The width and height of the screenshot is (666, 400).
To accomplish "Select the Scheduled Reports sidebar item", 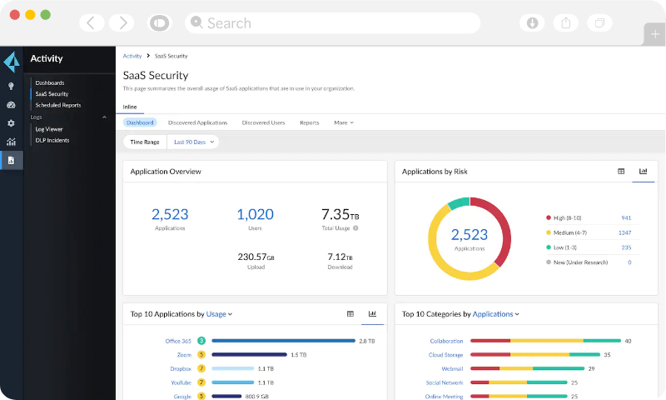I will pyautogui.click(x=58, y=105).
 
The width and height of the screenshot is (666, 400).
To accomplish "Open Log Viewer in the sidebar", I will pyautogui.click(x=48, y=129).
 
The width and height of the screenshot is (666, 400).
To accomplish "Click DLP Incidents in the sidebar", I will pyautogui.click(x=52, y=140).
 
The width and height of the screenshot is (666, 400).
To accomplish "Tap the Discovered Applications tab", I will pyautogui.click(x=197, y=122).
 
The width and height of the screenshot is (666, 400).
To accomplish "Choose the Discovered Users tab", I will pyautogui.click(x=263, y=122).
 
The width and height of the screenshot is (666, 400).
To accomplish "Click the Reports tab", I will pyautogui.click(x=309, y=122).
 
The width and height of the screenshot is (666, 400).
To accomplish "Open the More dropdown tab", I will pyautogui.click(x=343, y=122).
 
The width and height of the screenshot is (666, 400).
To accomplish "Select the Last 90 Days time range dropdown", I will pyautogui.click(x=194, y=142).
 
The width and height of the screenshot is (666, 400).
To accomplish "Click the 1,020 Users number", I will pyautogui.click(x=255, y=214).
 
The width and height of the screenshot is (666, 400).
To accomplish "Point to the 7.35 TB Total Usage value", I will pyautogui.click(x=340, y=214).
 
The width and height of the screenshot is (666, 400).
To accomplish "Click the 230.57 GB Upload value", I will pyautogui.click(x=256, y=257).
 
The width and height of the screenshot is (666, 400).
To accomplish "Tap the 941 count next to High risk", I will pyautogui.click(x=626, y=217).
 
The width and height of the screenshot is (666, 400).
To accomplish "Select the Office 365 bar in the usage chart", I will pyautogui.click(x=283, y=341).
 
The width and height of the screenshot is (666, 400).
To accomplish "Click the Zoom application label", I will pyautogui.click(x=184, y=355).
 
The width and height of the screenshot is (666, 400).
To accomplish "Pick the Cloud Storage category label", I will pyautogui.click(x=446, y=355).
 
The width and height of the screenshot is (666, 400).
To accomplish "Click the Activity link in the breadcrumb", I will pyautogui.click(x=132, y=56).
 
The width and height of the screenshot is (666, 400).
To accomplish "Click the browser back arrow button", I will pyautogui.click(x=91, y=22).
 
